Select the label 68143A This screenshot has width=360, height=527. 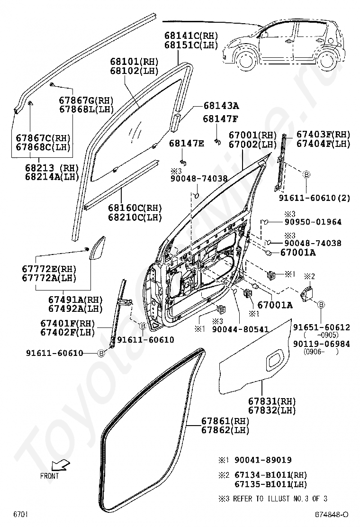pyautogui.click(x=221, y=106)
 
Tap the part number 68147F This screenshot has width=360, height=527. pyautogui.click(x=220, y=118)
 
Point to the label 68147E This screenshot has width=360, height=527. pyautogui.click(x=186, y=144)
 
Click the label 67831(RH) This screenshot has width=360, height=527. pyautogui.click(x=272, y=401)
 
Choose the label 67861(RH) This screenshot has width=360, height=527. pyautogui.click(x=225, y=421)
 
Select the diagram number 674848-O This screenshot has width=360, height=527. pyautogui.click(x=331, y=515)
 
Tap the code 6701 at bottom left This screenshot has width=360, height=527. pyautogui.click(x=20, y=515)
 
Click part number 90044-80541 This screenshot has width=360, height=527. pyautogui.click(x=241, y=329)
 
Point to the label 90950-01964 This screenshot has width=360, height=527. pyautogui.click(x=313, y=222)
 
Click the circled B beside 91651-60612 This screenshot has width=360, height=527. pyautogui.click(x=321, y=305)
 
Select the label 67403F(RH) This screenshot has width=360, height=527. pyautogui.click(x=323, y=135)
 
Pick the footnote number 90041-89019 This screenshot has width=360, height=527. pyautogui.click(x=263, y=460)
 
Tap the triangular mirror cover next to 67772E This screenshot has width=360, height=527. pyautogui.click(x=98, y=248)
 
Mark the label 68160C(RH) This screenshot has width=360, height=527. pyautogui.click(x=135, y=208)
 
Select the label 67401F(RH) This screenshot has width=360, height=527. pyautogui.click(x=68, y=323)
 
